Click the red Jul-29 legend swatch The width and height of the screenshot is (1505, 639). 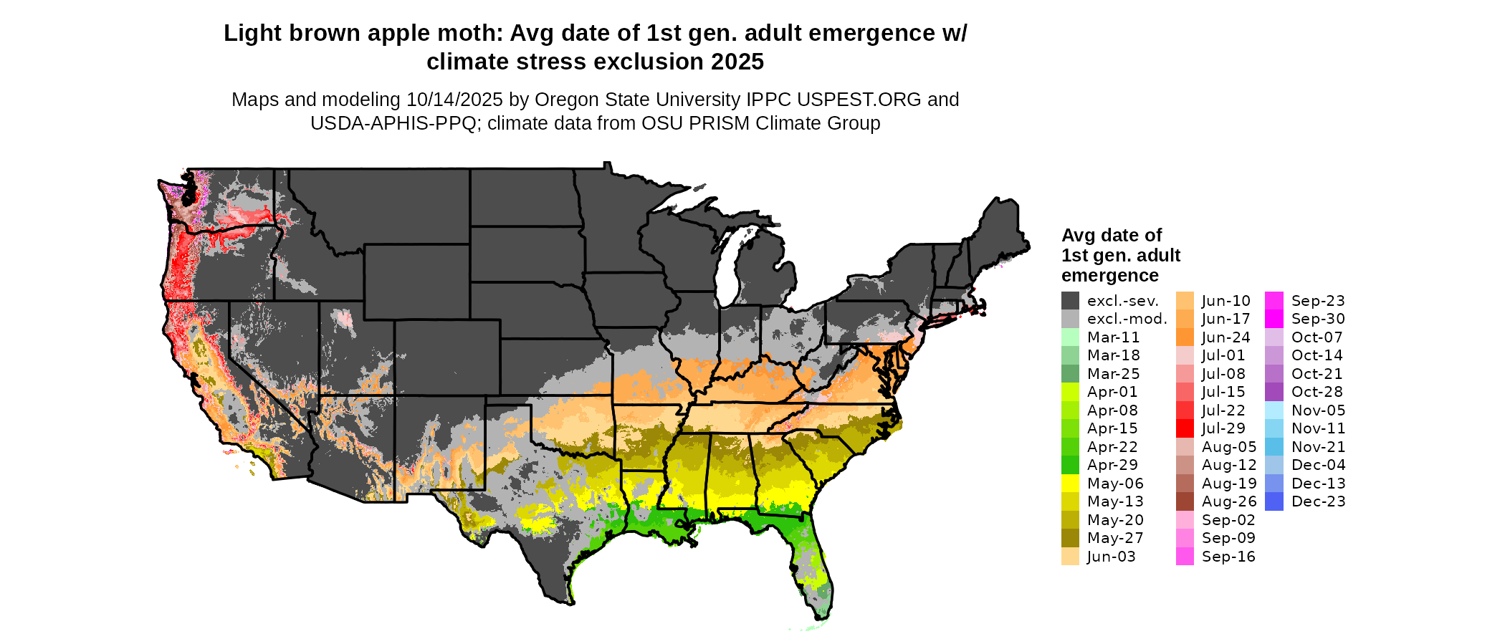tap(1185, 428)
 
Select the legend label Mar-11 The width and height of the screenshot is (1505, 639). tap(1113, 337)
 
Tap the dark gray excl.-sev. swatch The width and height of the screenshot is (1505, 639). tap(1070, 301)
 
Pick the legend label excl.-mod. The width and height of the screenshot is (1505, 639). tap(1127, 319)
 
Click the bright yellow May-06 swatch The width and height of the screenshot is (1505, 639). tap(1070, 484)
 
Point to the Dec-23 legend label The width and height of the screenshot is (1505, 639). tap(1318, 501)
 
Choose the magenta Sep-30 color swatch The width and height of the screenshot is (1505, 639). tap(1274, 319)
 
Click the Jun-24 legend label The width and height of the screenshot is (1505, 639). tap(1225, 337)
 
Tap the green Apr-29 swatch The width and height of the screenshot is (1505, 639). tap(1070, 465)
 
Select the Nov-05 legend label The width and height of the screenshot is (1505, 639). tap(1318, 410)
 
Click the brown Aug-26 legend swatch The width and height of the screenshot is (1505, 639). tap(1185, 501)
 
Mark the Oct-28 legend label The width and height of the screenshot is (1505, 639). tap(1317, 392)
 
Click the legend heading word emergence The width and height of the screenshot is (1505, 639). tap(1109, 276)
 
